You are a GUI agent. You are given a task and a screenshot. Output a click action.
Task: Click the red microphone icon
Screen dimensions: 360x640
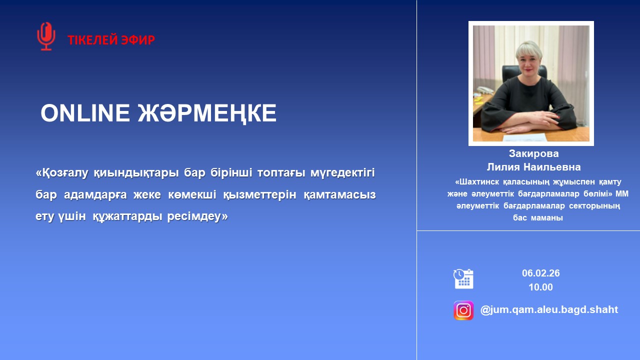coord(46,36)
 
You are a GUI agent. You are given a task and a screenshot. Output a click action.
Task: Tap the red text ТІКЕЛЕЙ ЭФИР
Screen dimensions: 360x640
coord(111,40)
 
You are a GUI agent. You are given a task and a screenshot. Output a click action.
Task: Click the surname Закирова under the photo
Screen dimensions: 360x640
coord(533,153)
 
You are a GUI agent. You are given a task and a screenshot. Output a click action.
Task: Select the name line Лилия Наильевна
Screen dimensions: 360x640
coord(533,167)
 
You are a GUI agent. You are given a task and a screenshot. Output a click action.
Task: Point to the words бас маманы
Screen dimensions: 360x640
coord(538,218)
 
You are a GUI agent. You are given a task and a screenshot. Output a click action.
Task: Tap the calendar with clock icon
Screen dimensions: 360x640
coord(463,278)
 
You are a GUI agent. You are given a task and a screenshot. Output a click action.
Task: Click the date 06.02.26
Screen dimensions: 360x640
coord(540,273)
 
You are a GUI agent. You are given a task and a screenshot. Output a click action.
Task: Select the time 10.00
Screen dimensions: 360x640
coord(540,287)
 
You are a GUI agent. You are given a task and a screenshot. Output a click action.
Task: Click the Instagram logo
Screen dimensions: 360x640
coord(463,310)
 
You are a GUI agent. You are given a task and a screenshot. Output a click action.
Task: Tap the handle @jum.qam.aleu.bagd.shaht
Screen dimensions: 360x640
coord(549,310)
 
